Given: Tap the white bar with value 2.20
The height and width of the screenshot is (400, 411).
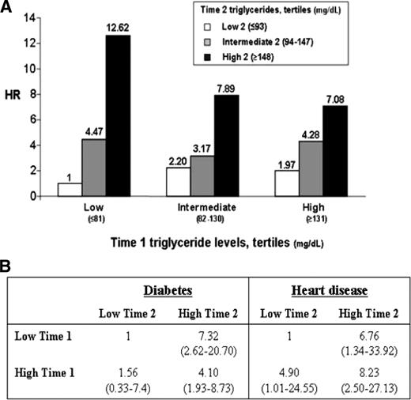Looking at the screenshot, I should (x=201, y=182).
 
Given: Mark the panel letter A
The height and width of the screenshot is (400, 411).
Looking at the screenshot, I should (x=9, y=8).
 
